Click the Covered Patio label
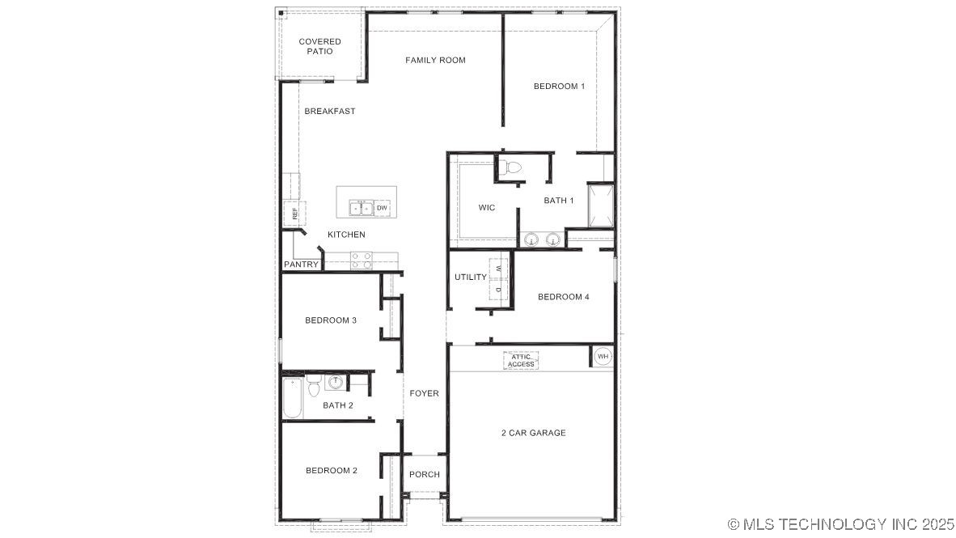(319, 46)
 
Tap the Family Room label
(435, 60)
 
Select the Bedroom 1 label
(559, 86)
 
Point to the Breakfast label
(329, 111)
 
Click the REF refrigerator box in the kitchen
(294, 214)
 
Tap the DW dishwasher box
(382, 208)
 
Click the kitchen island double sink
(361, 208)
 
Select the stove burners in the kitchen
(362, 260)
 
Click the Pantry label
(301, 265)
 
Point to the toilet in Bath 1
(512, 168)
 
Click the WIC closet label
(486, 208)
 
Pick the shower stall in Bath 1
(600, 207)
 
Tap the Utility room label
(470, 277)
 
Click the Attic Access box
(521, 361)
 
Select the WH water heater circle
(603, 356)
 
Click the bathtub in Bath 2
(293, 398)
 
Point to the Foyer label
(424, 393)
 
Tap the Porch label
(425, 474)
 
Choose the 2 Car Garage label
(533, 433)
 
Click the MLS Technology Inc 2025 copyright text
(841, 524)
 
